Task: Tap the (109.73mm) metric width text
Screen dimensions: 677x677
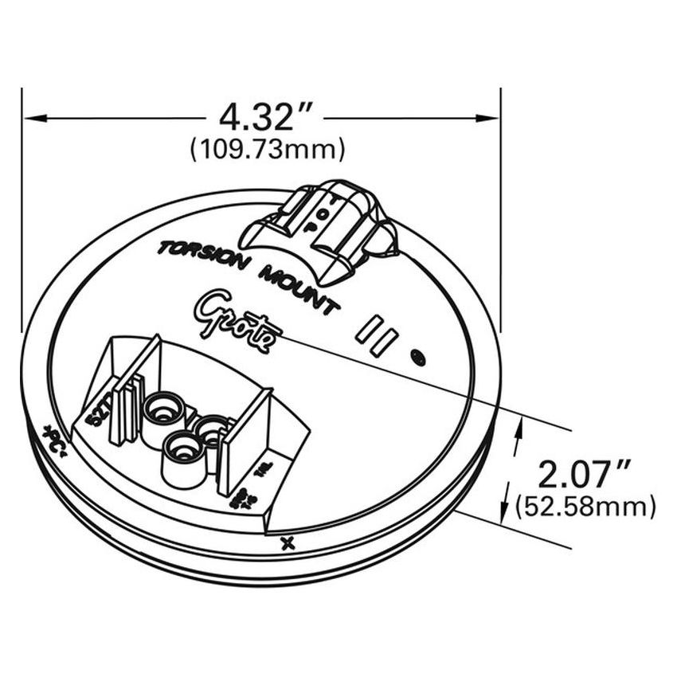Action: [x=267, y=149]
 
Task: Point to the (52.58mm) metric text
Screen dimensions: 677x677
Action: [x=586, y=507]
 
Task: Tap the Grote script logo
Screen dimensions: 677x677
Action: [x=235, y=318]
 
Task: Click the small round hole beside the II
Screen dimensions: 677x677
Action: [x=417, y=358]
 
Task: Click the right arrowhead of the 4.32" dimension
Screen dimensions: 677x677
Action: [x=491, y=119]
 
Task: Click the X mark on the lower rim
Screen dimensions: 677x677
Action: [x=288, y=544]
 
